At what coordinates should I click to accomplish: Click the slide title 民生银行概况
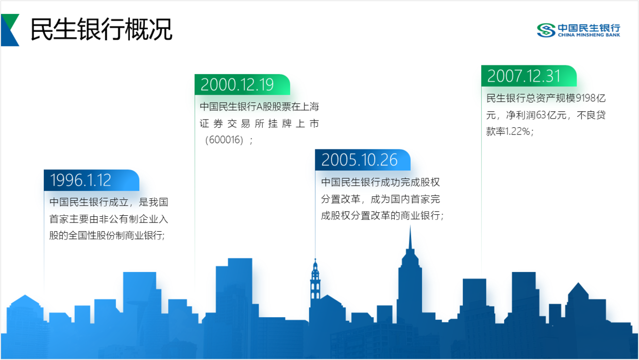[102, 29]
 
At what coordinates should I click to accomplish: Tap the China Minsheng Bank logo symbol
[546, 30]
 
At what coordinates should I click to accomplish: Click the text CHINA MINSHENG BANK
[589, 35]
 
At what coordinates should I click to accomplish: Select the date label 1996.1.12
[80, 180]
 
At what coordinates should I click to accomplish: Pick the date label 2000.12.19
[237, 84]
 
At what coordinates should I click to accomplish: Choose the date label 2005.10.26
[360, 160]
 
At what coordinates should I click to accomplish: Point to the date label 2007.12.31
[524, 76]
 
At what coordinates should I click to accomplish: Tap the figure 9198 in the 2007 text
[585, 98]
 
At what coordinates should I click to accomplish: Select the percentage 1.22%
[517, 131]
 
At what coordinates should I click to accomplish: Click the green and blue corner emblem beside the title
[10, 30]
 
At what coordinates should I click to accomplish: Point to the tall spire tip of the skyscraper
[410, 226]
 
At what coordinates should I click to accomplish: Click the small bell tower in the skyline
[315, 279]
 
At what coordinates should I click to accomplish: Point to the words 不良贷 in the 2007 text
[591, 115]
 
